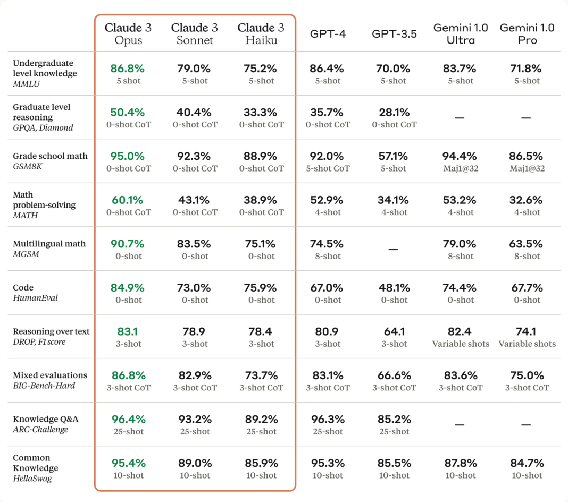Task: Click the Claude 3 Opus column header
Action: coord(128,33)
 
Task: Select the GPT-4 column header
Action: coord(328,33)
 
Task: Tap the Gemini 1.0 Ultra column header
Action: coord(461,33)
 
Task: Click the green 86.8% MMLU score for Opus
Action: coord(128,69)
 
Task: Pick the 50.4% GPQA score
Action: coord(128,113)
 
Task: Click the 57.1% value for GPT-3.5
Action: coord(394,156)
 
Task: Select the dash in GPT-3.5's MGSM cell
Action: coord(394,249)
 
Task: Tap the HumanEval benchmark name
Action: coord(35,298)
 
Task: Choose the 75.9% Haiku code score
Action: coord(261,288)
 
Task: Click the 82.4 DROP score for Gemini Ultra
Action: coord(460,331)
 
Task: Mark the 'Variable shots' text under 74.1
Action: coord(527,344)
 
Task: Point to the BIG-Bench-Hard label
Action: coord(44,386)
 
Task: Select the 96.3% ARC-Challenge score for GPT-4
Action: coord(327,419)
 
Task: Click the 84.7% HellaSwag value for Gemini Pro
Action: coord(527,463)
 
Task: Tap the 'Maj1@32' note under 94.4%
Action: coord(461,168)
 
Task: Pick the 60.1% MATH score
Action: coord(128,200)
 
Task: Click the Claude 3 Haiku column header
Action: coord(261,33)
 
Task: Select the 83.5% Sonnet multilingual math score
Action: coord(194,244)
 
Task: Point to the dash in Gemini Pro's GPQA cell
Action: coord(527,118)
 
